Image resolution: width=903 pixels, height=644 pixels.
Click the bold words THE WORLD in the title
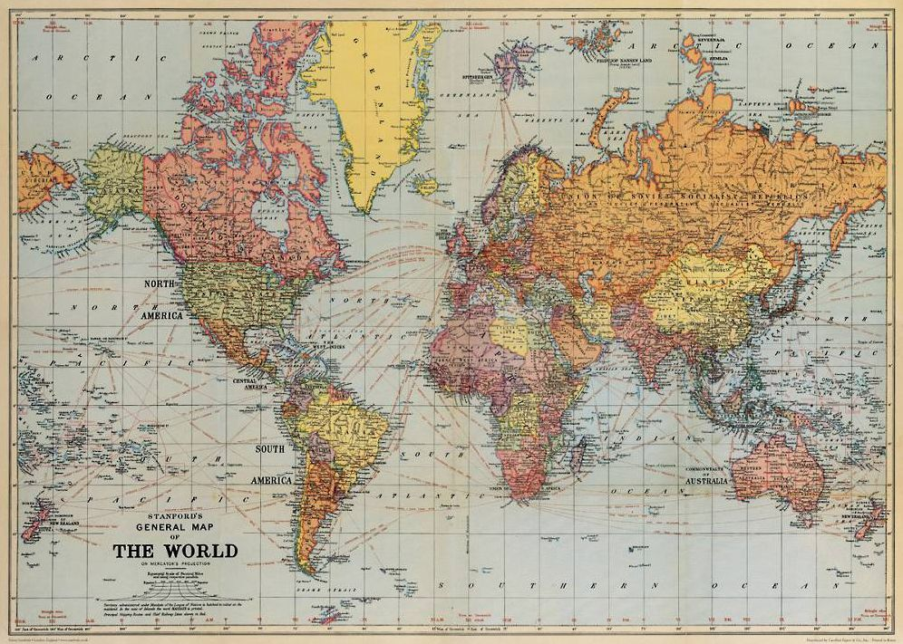(x=175, y=551)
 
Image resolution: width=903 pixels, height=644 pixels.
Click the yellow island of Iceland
(x=422, y=184)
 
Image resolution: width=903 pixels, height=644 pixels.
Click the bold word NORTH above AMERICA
(x=161, y=284)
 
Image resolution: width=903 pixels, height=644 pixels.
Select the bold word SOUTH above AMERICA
(x=269, y=449)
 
